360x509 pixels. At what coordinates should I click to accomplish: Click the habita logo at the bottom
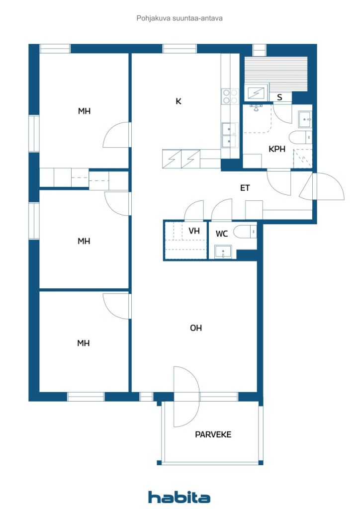click(180, 497)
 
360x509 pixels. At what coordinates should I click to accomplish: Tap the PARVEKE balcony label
click(213, 434)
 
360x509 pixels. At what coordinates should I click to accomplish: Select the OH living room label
click(196, 328)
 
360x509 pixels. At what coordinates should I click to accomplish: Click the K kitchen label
click(179, 101)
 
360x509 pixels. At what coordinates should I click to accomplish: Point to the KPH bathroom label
click(277, 149)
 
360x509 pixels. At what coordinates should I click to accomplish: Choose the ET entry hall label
click(245, 188)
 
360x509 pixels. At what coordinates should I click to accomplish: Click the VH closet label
click(194, 231)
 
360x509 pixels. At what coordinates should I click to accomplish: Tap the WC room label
click(222, 234)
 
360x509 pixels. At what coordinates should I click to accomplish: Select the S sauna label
click(280, 97)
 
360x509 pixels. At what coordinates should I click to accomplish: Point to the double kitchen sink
click(229, 135)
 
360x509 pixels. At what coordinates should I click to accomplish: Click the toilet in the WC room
click(246, 232)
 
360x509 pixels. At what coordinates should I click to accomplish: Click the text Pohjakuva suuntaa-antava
click(180, 18)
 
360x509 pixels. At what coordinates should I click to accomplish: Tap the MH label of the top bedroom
click(84, 111)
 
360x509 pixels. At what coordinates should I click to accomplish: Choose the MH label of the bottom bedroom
click(84, 343)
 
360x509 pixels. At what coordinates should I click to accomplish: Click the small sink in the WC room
click(222, 253)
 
